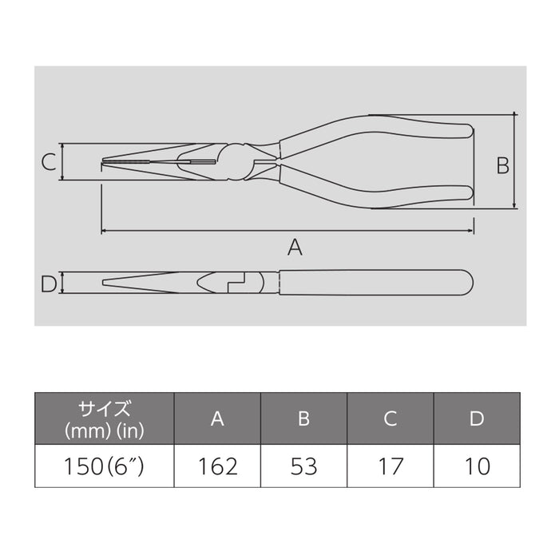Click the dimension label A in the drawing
[x=295, y=248]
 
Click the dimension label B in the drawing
[x=502, y=165]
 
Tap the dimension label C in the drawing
[x=49, y=163]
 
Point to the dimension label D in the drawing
[x=48, y=283]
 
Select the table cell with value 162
[x=217, y=466]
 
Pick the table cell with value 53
[x=303, y=466]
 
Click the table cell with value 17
[x=390, y=466]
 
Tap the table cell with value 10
[x=477, y=466]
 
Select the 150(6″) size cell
[x=104, y=466]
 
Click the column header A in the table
[x=217, y=418]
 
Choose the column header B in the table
[x=303, y=418]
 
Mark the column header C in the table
[x=390, y=418]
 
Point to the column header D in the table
[x=477, y=418]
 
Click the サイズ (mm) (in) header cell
[x=104, y=418]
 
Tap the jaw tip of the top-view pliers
[x=104, y=165]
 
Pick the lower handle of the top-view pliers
[x=375, y=195]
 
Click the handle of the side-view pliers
[x=375, y=283]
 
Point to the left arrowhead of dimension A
[x=104, y=232]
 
